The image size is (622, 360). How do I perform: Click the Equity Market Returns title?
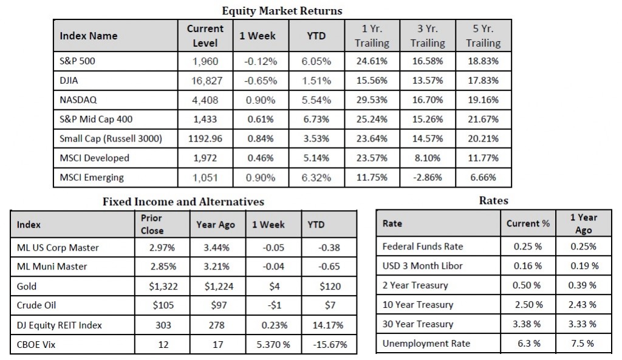point(282,10)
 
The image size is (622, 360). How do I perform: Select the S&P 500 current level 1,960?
point(205,61)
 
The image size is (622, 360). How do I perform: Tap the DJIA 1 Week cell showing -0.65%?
point(260,81)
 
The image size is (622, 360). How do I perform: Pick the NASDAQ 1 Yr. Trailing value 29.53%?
point(371,100)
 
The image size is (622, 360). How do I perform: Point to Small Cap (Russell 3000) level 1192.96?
point(205,139)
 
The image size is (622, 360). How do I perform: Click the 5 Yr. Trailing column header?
point(483,36)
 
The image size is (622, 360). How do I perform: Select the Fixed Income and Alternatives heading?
point(183,201)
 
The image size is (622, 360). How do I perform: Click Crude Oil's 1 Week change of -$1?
point(268,305)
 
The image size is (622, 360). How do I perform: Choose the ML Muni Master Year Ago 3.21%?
point(215,267)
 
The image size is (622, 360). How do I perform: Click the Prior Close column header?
point(151,224)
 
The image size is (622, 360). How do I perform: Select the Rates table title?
point(493,200)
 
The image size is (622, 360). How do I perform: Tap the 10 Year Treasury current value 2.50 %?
point(527,305)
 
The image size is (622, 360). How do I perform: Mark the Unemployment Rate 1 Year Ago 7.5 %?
point(583,344)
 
